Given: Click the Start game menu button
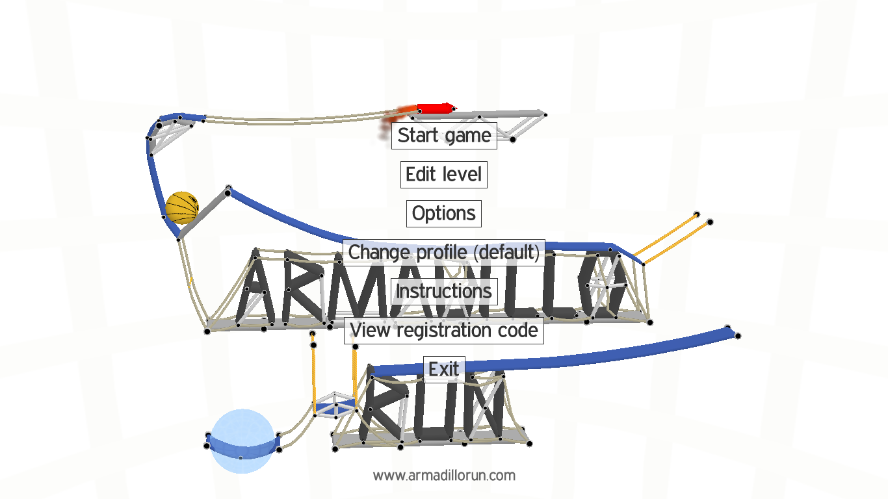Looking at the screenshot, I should pos(444,136).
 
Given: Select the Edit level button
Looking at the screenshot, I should pos(444,175).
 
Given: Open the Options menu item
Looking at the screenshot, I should pos(444,214).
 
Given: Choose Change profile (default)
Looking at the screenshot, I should pos(444,252).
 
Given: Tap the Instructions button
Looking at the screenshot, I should pos(444,291).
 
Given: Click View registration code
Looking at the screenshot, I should pos(444,330).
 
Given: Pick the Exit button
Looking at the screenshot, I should pos(444,369).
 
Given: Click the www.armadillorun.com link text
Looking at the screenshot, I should pos(444,476).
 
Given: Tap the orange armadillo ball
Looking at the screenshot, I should pos(182,208).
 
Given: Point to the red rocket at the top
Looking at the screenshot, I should pos(434,108).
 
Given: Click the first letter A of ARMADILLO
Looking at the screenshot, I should pos(256,289).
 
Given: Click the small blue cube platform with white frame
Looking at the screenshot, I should pos(335,405).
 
